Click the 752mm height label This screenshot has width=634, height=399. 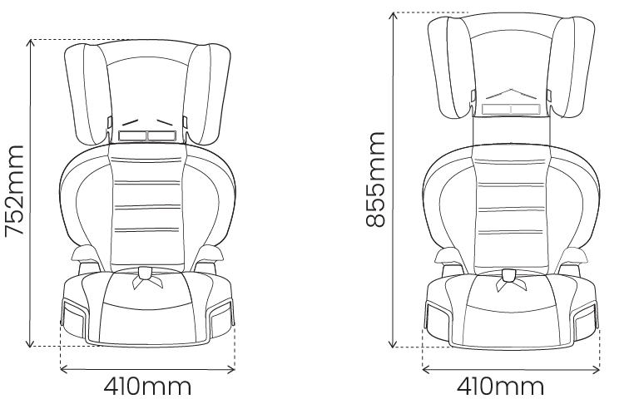pyautogui.click(x=15, y=193)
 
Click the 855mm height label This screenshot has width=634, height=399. pyautogui.click(x=376, y=179)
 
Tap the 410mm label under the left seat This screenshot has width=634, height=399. pyautogui.click(x=147, y=387)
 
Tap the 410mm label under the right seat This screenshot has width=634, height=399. pyautogui.click(x=500, y=387)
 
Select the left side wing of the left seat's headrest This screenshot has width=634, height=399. pyautogui.click(x=86, y=96)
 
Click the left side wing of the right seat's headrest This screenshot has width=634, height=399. pyautogui.click(x=449, y=68)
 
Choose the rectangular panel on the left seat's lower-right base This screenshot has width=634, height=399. pyautogui.click(x=220, y=318)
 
